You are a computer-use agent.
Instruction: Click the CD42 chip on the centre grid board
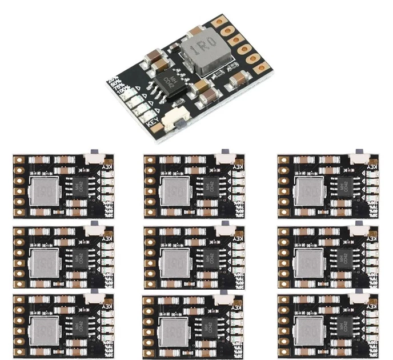[x=211, y=257]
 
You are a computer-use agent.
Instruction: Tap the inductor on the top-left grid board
[x=45, y=191]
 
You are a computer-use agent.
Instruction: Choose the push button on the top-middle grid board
[x=226, y=155]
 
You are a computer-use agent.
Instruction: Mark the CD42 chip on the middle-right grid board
[x=345, y=257]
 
